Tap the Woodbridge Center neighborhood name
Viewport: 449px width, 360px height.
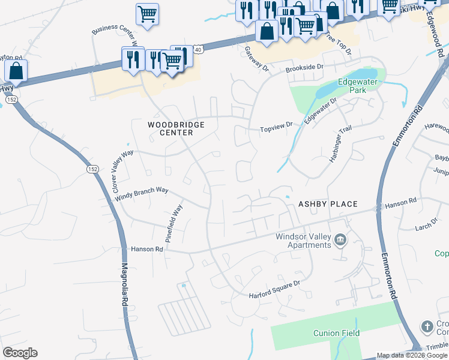[176, 128]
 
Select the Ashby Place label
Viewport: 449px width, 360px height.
[328, 205]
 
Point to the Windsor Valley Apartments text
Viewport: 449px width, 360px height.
[303, 241]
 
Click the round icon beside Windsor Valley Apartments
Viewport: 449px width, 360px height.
[340, 241]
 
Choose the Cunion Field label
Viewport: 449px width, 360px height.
[336, 333]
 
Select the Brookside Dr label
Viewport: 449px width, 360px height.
[304, 69]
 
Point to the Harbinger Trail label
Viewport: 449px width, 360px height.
[340, 146]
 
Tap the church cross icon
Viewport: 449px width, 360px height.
[427, 327]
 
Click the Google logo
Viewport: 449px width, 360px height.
[20, 353]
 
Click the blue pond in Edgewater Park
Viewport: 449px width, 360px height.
[329, 89]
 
